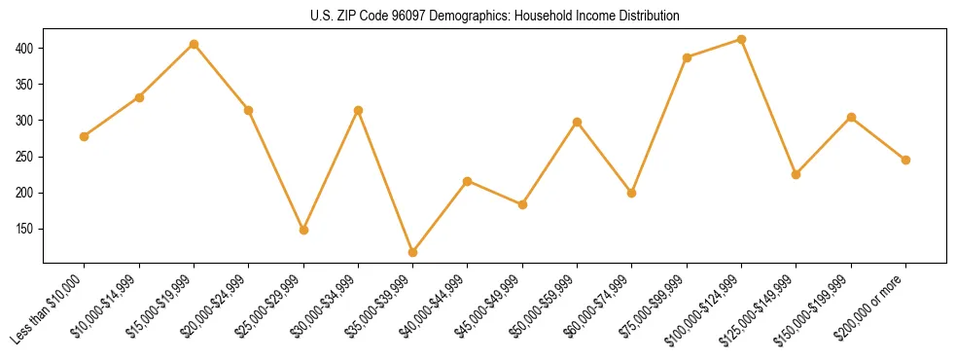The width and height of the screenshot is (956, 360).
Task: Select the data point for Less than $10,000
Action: [85, 136]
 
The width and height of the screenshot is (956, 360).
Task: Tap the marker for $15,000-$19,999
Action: [195, 44]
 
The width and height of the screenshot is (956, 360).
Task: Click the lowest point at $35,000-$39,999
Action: [413, 252]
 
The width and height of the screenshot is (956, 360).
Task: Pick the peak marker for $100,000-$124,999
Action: [742, 40]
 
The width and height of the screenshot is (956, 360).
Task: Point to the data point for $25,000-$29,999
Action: [303, 230]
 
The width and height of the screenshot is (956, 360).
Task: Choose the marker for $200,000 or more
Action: [906, 160]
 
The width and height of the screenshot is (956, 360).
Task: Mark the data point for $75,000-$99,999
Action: [688, 57]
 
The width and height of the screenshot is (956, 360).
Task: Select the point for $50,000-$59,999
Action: [578, 123]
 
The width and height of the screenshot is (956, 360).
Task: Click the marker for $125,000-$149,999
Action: [797, 174]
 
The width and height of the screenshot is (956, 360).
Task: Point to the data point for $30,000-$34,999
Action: [359, 110]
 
